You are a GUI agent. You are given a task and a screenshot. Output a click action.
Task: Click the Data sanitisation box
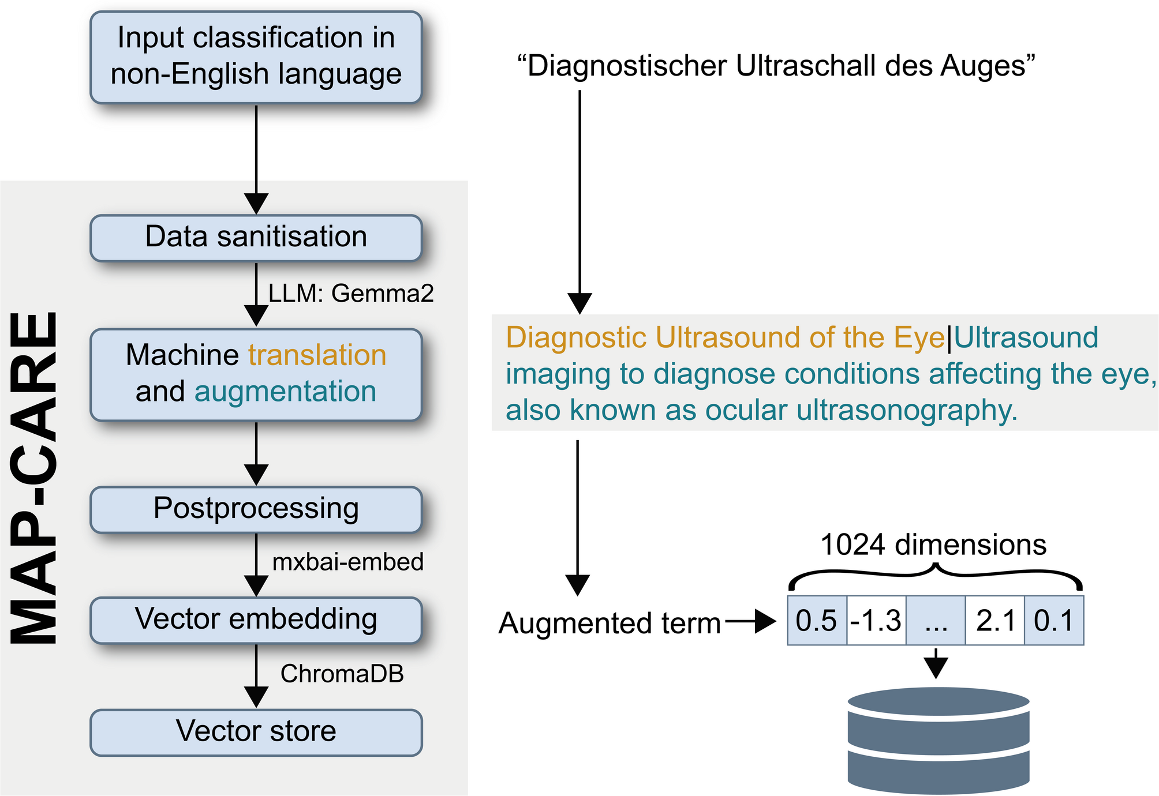[256, 238]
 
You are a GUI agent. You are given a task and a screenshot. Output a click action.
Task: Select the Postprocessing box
[256, 509]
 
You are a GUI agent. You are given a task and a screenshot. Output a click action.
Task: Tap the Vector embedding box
[256, 620]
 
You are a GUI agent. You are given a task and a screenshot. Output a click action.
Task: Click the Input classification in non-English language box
[256, 57]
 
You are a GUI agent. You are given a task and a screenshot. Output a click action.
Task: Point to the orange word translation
[317, 355]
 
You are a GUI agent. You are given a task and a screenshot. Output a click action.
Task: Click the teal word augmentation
[286, 392]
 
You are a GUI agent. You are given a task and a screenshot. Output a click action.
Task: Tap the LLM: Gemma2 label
[351, 294]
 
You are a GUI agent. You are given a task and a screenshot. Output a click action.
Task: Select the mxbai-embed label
[348, 562]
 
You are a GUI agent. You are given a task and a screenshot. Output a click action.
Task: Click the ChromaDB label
[342, 674]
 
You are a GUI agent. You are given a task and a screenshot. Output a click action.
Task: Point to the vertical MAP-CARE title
[35, 478]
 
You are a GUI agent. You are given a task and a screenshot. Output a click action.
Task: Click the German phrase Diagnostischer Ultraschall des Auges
[776, 66]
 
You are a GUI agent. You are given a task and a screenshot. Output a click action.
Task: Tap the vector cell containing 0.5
[817, 620]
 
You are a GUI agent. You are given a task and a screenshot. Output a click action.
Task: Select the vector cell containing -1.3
[877, 620]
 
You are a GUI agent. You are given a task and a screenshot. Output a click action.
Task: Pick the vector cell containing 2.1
[995, 620]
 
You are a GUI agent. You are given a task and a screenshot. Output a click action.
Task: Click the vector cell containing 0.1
[1054, 620]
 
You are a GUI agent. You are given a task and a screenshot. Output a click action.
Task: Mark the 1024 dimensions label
[933, 545]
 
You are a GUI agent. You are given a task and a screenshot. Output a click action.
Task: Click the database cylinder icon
[939, 741]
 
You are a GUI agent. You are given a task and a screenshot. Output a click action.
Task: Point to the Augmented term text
[610, 624]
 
